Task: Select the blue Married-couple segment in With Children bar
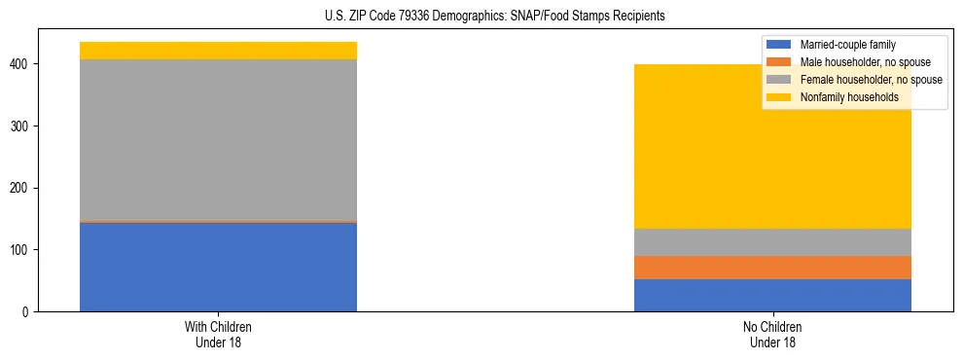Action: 218,267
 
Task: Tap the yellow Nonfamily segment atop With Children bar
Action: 218,51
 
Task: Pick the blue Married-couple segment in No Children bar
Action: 772,295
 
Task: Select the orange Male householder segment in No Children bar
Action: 772,268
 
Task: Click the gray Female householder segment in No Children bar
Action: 772,242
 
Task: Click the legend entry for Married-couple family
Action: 847,45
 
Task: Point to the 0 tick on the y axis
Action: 26,312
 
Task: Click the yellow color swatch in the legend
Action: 779,97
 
